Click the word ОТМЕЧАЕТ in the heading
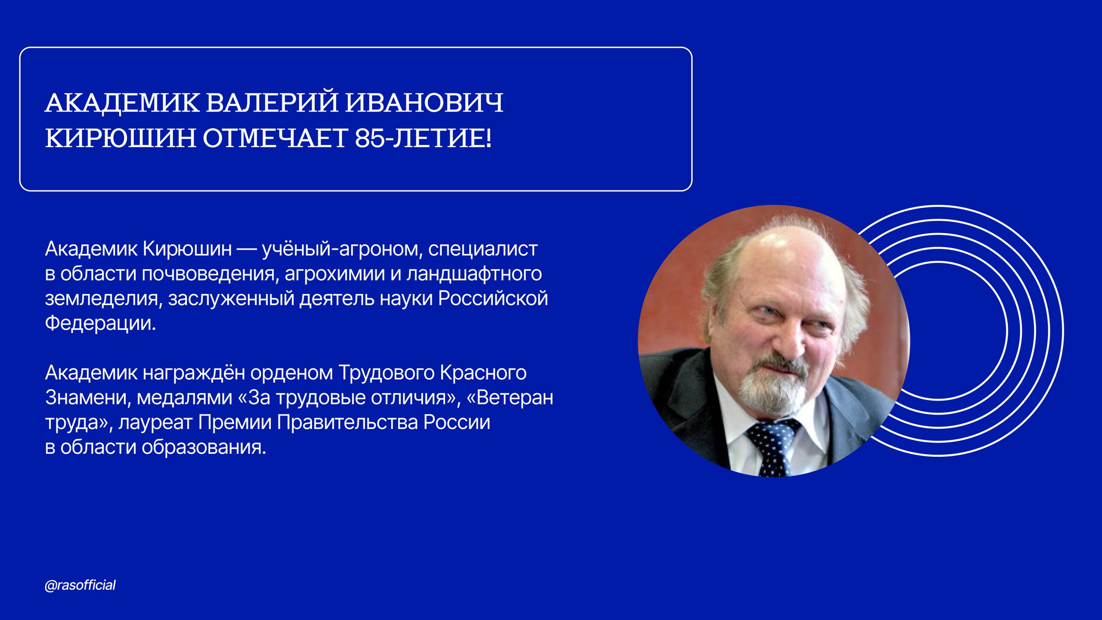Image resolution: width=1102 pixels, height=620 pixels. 272,138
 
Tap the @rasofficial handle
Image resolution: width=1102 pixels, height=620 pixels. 80,586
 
